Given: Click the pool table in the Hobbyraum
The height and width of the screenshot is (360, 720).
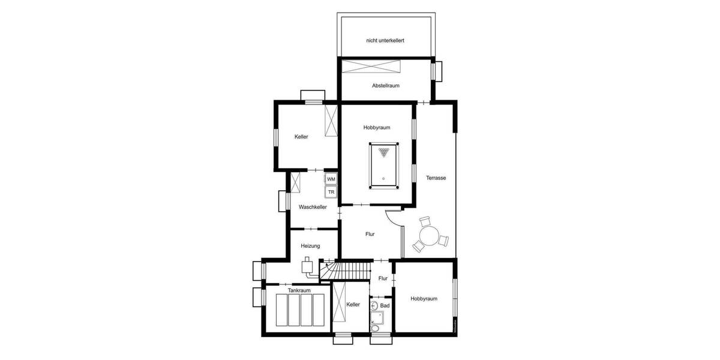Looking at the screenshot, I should pos(383,165).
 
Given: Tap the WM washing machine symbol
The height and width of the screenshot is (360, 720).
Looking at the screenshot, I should pos(331,179).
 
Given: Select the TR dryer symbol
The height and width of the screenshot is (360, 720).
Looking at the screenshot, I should pos(331,192).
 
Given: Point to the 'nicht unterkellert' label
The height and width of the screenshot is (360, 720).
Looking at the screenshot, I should pos(385,41).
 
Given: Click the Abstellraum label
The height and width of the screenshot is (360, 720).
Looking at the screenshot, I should pos(385,86).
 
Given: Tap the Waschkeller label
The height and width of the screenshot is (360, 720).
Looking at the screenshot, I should pos(313,207).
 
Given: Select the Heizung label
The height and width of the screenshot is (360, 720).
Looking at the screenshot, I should pos(310,246).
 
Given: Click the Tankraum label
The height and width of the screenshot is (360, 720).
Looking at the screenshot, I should pos(298,290).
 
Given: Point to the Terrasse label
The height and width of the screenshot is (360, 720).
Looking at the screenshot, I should pos(436,178).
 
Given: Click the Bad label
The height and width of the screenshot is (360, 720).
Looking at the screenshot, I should pos(385,306).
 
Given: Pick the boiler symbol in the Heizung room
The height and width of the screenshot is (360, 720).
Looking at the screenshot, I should pos(307,266).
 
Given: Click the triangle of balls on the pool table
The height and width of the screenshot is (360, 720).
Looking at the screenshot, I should pos(383,151).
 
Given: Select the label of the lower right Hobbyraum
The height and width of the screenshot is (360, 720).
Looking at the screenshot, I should pos(424,299).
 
